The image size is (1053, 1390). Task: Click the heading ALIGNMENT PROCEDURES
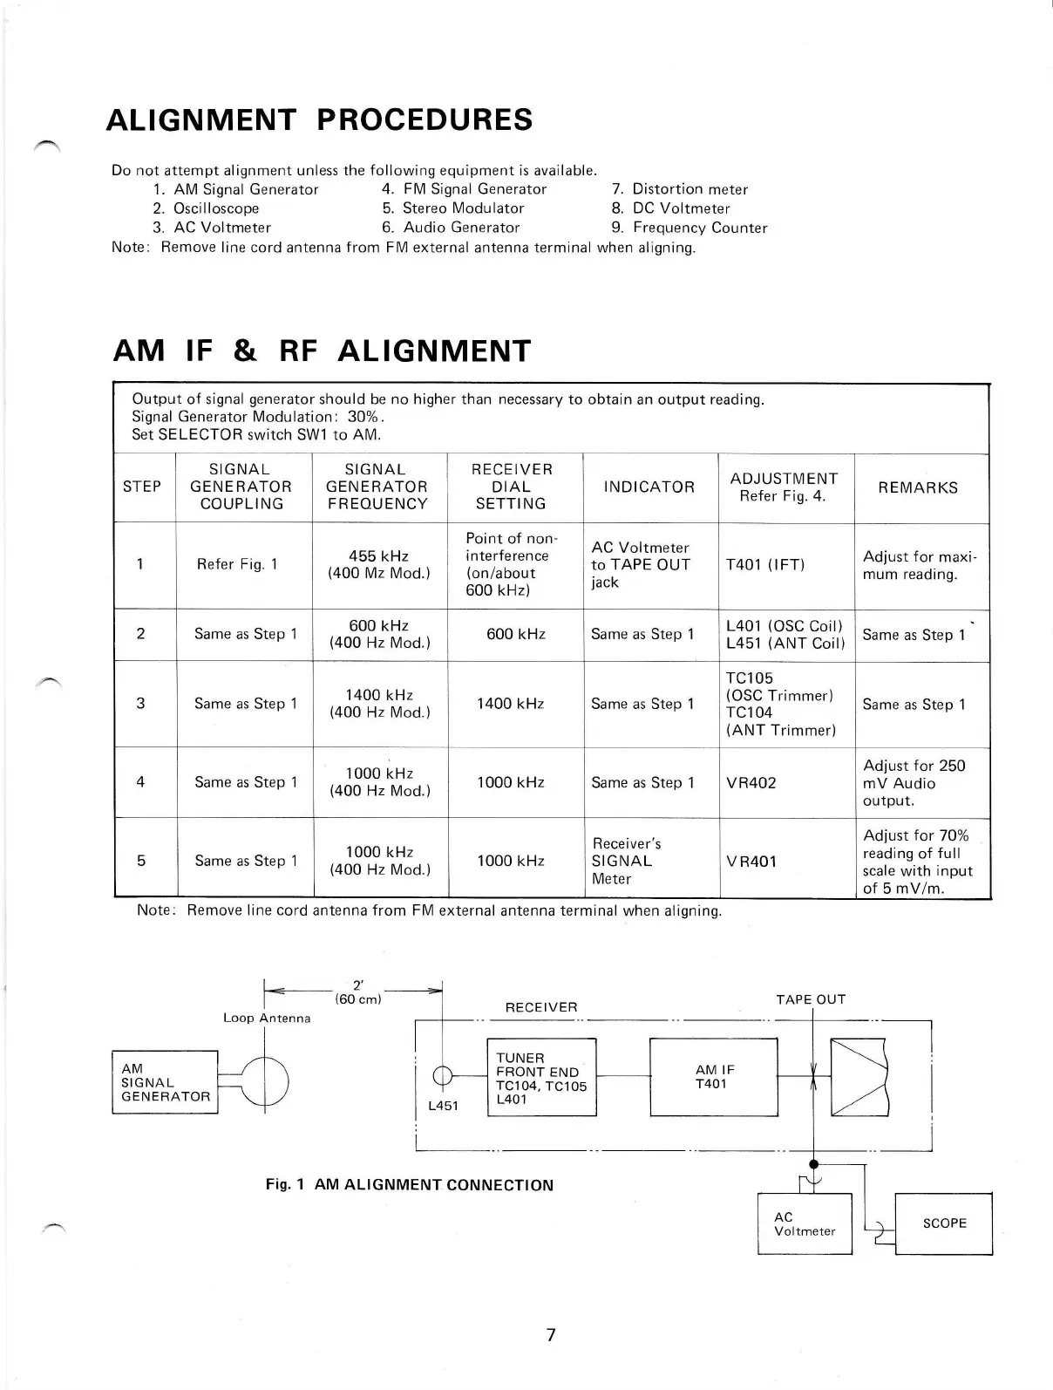[x=319, y=119]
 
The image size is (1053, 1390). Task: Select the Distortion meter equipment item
[x=690, y=189]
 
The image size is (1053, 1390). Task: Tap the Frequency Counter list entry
[x=699, y=228]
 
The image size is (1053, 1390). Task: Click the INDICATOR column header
[x=649, y=487]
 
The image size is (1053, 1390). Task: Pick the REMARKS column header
[x=917, y=487]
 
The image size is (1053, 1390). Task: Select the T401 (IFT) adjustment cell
[x=764, y=564]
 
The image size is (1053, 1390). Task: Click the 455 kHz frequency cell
[x=378, y=564]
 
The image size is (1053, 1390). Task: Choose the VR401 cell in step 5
[x=751, y=861]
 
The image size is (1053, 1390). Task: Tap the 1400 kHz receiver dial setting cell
[x=510, y=704]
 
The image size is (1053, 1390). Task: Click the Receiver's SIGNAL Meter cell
[x=626, y=861]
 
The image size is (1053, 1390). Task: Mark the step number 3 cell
[x=140, y=704]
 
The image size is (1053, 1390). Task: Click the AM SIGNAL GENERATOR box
[x=165, y=1082]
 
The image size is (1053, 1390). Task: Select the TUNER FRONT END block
[x=540, y=1078]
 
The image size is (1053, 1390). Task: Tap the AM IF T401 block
[x=713, y=1077]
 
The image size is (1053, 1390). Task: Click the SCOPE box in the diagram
[x=944, y=1223]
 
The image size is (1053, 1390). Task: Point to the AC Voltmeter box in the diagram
[x=805, y=1223]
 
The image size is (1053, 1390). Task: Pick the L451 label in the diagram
[x=443, y=1107]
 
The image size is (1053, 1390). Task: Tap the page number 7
[x=550, y=1334]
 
